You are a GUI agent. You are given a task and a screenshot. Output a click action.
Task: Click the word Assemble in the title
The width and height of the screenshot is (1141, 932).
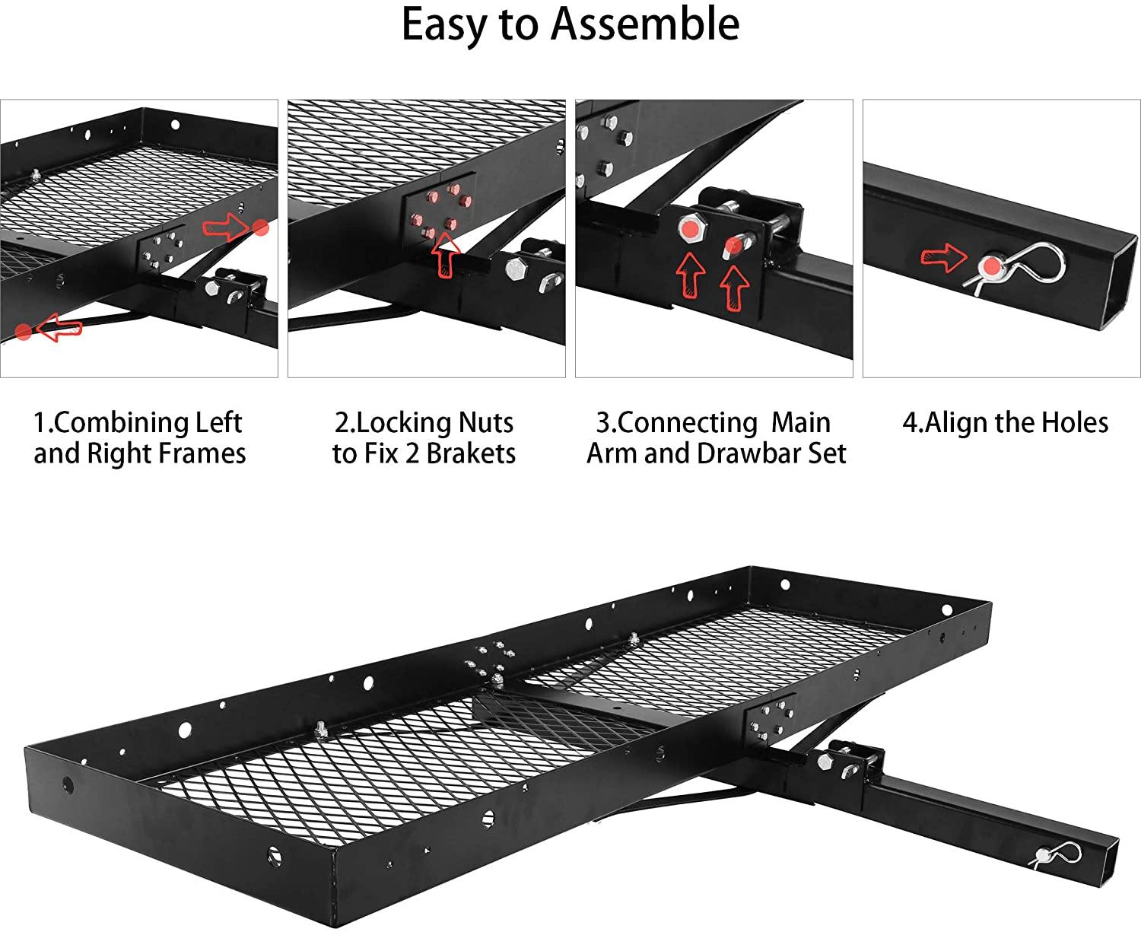click(645, 24)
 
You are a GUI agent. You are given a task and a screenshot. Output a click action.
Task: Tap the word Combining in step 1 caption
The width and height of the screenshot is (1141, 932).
click(123, 422)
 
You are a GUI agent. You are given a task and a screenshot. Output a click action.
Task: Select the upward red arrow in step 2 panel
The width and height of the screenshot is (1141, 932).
click(447, 254)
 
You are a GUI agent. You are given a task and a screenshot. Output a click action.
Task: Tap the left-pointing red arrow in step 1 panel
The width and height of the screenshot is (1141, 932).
click(59, 329)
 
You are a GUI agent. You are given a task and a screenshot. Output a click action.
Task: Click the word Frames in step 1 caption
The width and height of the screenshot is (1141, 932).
click(206, 453)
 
